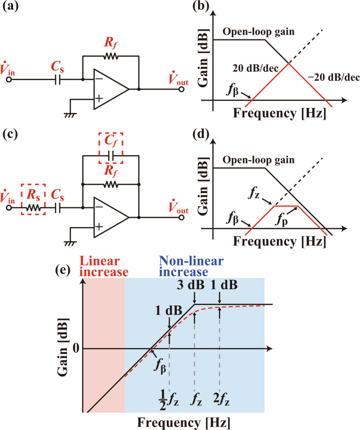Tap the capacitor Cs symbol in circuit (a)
(x=58, y=80)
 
